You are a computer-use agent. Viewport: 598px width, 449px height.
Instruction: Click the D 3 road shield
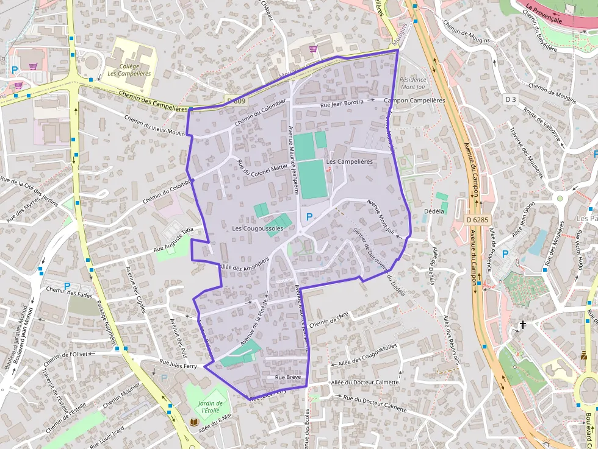pyautogui.click(x=511, y=99)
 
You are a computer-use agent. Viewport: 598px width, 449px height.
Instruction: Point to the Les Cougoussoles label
pyautogui.click(x=258, y=228)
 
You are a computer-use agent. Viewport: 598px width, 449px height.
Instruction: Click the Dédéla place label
pyautogui.click(x=434, y=211)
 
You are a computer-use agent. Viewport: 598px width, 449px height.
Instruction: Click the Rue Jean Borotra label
pyautogui.click(x=342, y=104)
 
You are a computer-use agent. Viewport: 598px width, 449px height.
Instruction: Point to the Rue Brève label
pyautogui.click(x=289, y=378)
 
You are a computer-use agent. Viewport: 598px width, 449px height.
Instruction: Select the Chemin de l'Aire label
pyautogui.click(x=329, y=319)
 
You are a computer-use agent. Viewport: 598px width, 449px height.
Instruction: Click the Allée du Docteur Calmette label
pyautogui.click(x=365, y=383)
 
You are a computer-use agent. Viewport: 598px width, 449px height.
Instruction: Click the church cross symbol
pyautogui.click(x=522, y=325)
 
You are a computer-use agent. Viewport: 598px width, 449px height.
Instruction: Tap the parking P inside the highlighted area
pyautogui.click(x=309, y=217)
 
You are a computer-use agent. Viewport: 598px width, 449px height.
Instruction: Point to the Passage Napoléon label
pyautogui.click(x=106, y=326)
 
